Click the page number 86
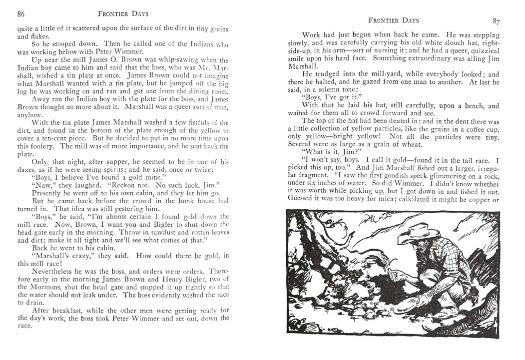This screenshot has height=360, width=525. [21, 14]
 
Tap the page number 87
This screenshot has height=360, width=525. [496, 21]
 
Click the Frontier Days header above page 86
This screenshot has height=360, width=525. [123, 14]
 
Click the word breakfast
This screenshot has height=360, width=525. [59, 310]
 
